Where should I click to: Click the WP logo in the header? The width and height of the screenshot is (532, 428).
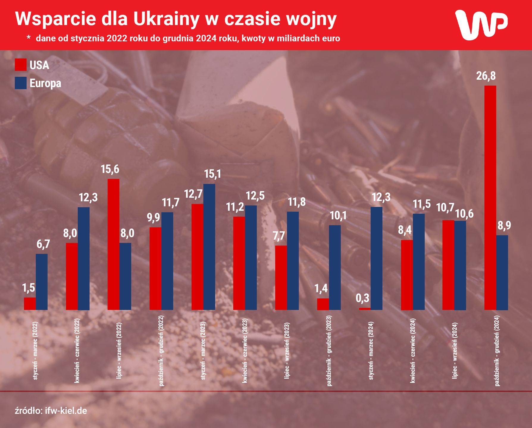pos(481,25)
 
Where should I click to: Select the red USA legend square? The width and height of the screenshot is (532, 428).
pos(21,65)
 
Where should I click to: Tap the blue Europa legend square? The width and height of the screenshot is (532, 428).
pos(21,83)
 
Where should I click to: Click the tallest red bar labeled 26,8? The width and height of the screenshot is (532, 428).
pos(490,198)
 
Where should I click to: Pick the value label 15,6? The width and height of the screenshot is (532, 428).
pos(110,169)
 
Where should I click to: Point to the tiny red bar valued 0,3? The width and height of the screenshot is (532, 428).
pos(365,309)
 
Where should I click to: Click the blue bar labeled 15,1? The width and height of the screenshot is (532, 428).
pos(209,247)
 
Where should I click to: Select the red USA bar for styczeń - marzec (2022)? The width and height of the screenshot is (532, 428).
pos(30,303)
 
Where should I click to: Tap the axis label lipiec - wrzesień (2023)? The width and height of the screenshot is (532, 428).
pos(287,351)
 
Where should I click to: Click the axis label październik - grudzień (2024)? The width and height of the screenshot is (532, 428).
pos(497,351)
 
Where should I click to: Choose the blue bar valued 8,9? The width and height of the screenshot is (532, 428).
pos(502,273)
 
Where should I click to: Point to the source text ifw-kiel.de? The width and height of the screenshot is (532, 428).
pos(66,411)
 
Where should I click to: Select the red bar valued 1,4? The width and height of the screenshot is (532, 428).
pos(323,304)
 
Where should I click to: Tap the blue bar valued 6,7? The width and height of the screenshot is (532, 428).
pos(42,282)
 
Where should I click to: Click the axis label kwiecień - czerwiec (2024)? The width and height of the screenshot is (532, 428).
pos(413,351)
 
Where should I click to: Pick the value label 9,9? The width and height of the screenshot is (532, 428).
pos(153,218)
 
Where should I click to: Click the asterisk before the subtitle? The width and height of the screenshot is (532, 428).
pos(29,38)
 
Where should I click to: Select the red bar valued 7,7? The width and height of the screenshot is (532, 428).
pos(281,278)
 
